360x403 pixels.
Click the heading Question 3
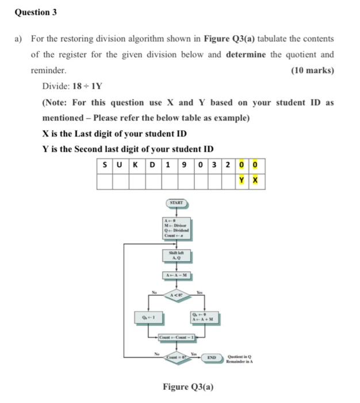(36, 12)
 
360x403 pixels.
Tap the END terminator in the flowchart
(212, 357)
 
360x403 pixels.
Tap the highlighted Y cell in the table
(242, 181)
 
